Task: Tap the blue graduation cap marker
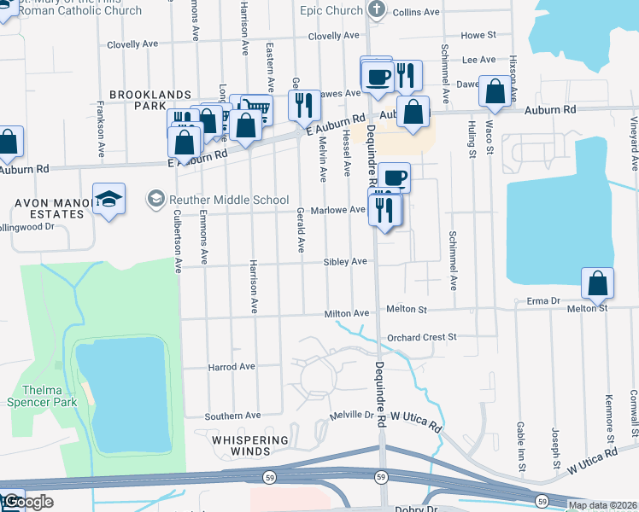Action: coord(108,200)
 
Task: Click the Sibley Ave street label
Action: coord(345,262)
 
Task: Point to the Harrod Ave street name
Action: coord(232,367)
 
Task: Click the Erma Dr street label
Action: coord(542,301)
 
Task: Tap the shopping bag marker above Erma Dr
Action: coord(598,282)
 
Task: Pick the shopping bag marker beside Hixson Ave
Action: coord(495,91)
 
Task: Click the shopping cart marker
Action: coord(256,108)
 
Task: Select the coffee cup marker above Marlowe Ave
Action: coord(394,177)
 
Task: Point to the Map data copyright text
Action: coord(602,505)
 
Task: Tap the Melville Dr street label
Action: coord(353,416)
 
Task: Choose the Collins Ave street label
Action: coord(416,12)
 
